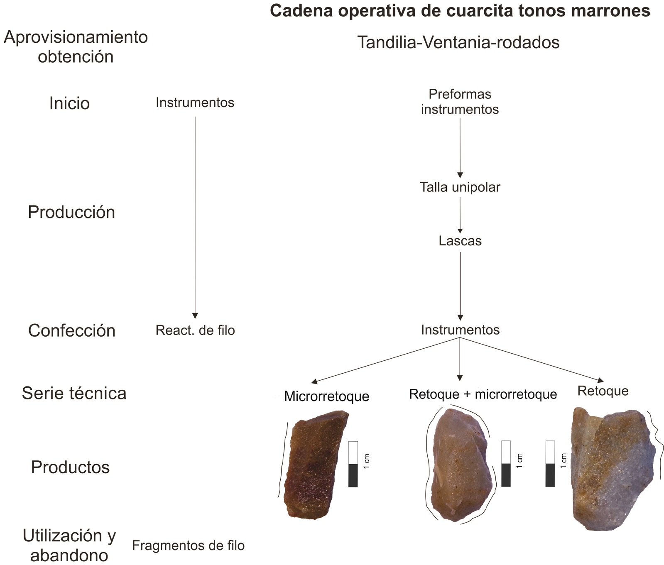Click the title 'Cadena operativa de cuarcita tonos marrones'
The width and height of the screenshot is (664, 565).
pos(460,11)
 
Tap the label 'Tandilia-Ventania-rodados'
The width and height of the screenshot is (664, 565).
pos(458,42)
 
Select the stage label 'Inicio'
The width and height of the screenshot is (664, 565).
pos(69,103)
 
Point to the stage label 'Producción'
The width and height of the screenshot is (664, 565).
pos(71,212)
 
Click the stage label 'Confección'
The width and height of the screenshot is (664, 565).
pos(72,330)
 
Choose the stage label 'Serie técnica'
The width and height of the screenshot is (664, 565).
pos(74,393)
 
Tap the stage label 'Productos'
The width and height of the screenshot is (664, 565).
pos(70,467)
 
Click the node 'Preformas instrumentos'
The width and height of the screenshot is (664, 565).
pos(460,102)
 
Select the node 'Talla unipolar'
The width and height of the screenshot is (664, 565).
pos(460,187)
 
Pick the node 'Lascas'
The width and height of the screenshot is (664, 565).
pos(460,241)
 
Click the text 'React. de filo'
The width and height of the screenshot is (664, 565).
pos(195,330)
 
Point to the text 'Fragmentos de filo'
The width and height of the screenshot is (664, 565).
pos(188,545)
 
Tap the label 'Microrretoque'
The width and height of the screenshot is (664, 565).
pos(326,396)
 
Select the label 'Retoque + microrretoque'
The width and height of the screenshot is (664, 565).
pos(483,394)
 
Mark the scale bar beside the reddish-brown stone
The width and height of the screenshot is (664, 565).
pos(353,464)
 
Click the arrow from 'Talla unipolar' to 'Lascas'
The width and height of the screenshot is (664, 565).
pos(460,215)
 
